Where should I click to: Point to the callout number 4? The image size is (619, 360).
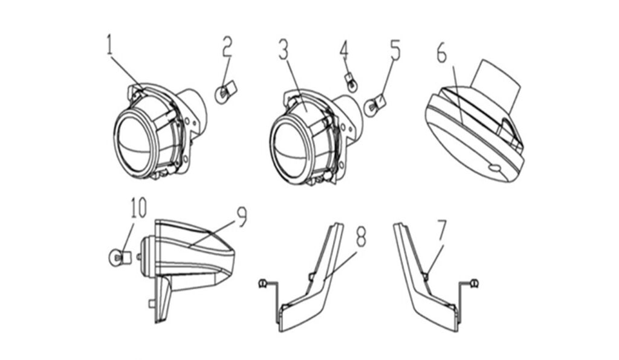(x=344, y=48)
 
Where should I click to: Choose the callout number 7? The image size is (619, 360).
(x=442, y=228)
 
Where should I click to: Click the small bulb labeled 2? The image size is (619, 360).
(x=224, y=93)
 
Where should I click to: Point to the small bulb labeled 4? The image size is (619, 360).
(x=349, y=79)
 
